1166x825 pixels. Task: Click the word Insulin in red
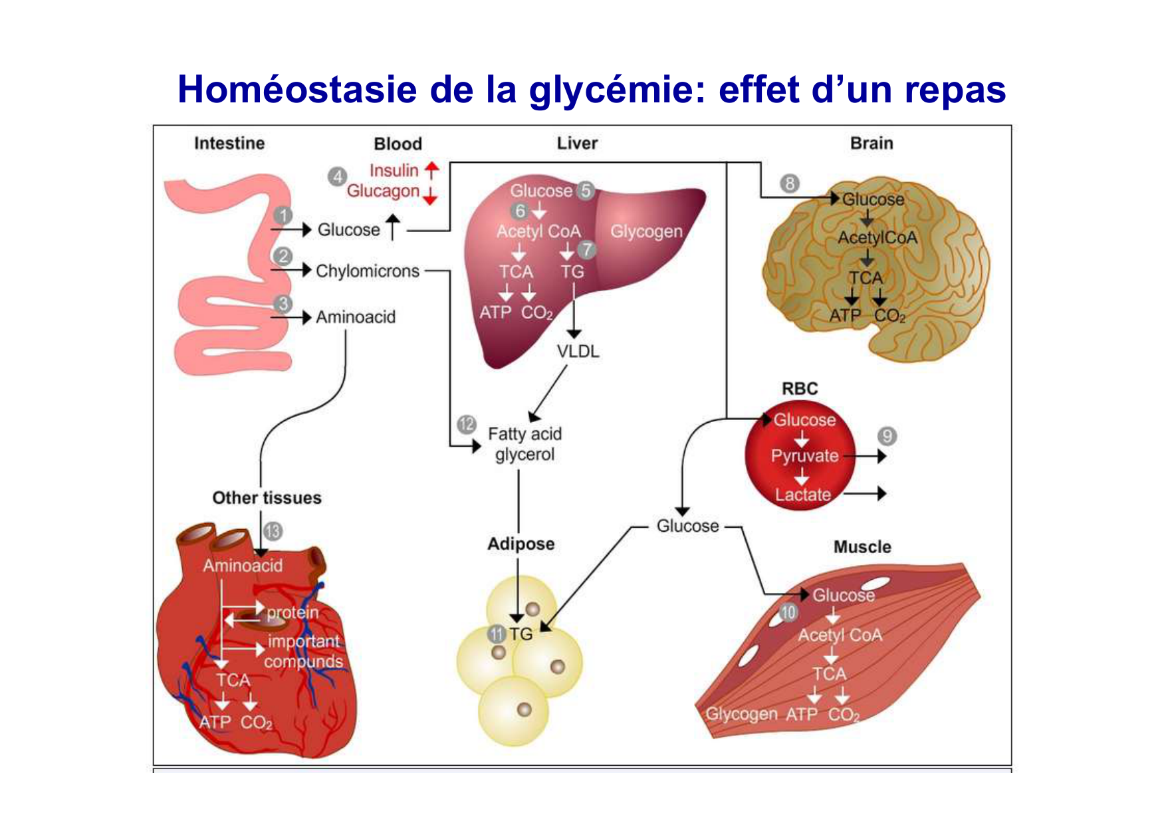pyautogui.click(x=394, y=170)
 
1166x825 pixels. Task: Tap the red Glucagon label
pyautogui.click(x=383, y=191)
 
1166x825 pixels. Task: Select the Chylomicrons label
pyautogui.click(x=368, y=271)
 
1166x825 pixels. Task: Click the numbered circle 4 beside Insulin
pyautogui.click(x=338, y=177)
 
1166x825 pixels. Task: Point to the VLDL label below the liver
pyautogui.click(x=578, y=351)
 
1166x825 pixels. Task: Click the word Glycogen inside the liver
pyautogui.click(x=646, y=231)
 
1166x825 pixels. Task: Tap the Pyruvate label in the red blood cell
pyautogui.click(x=804, y=456)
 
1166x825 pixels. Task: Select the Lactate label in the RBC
pyautogui.click(x=803, y=495)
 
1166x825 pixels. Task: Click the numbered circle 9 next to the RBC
pyautogui.click(x=887, y=436)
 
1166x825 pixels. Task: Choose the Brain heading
pyautogui.click(x=872, y=143)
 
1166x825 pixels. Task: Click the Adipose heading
pyautogui.click(x=521, y=544)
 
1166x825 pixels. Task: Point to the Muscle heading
pyautogui.click(x=862, y=547)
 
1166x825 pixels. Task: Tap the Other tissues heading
pyautogui.click(x=267, y=498)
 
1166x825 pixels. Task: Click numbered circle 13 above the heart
pyautogui.click(x=273, y=531)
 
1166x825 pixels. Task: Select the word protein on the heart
pyautogui.click(x=292, y=612)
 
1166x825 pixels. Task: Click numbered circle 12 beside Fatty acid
pyautogui.click(x=467, y=424)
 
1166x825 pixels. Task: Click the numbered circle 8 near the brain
pyautogui.click(x=790, y=183)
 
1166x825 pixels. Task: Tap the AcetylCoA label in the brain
pyautogui.click(x=877, y=237)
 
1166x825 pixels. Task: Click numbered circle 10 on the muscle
pyautogui.click(x=788, y=612)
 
